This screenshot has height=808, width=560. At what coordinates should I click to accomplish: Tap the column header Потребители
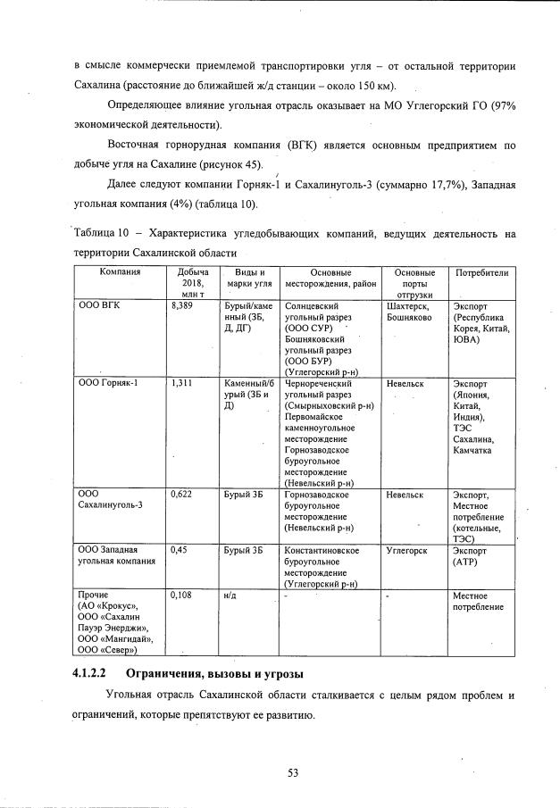coord(481,272)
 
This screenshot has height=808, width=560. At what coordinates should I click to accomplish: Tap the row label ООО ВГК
coord(98,305)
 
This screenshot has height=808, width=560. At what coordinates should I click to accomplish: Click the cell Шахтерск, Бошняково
coord(410,311)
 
